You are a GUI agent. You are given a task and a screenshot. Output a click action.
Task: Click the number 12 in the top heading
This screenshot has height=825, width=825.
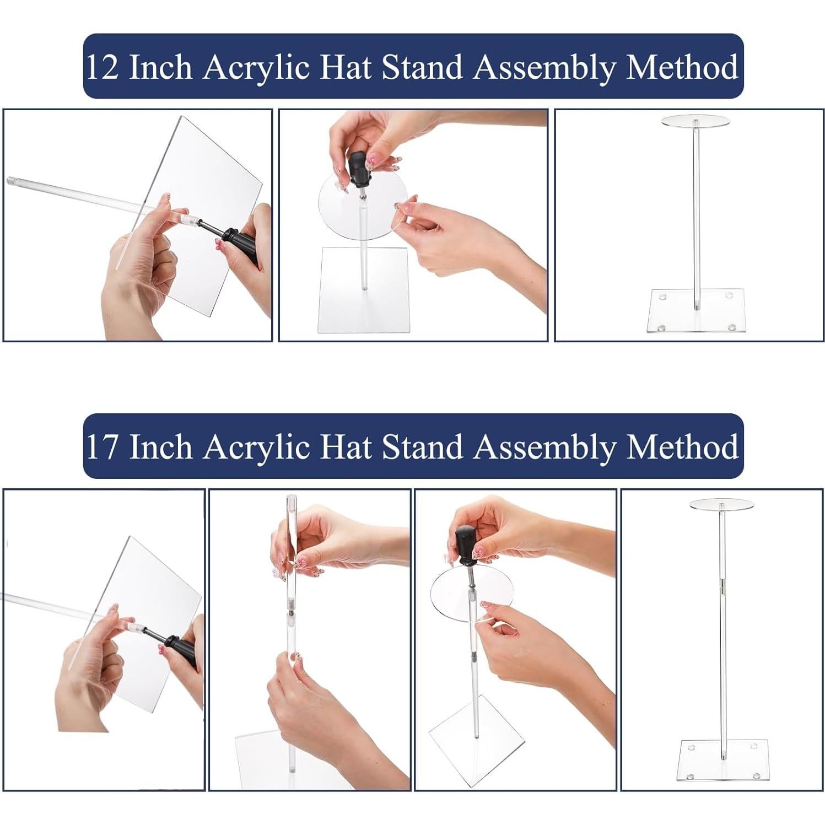(x=103, y=68)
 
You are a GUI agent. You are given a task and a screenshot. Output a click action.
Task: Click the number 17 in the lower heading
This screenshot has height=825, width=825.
(x=103, y=447)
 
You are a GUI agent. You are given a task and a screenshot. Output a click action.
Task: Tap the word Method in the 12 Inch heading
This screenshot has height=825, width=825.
(x=682, y=67)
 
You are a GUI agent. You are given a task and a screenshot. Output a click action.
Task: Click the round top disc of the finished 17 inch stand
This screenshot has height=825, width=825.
(x=721, y=504)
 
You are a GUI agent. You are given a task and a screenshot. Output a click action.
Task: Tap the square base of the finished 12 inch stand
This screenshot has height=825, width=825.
(x=695, y=311)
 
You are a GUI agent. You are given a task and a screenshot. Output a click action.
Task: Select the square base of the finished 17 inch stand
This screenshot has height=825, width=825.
(x=722, y=761)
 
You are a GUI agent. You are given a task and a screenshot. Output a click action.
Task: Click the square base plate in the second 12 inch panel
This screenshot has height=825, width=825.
(x=364, y=289)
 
